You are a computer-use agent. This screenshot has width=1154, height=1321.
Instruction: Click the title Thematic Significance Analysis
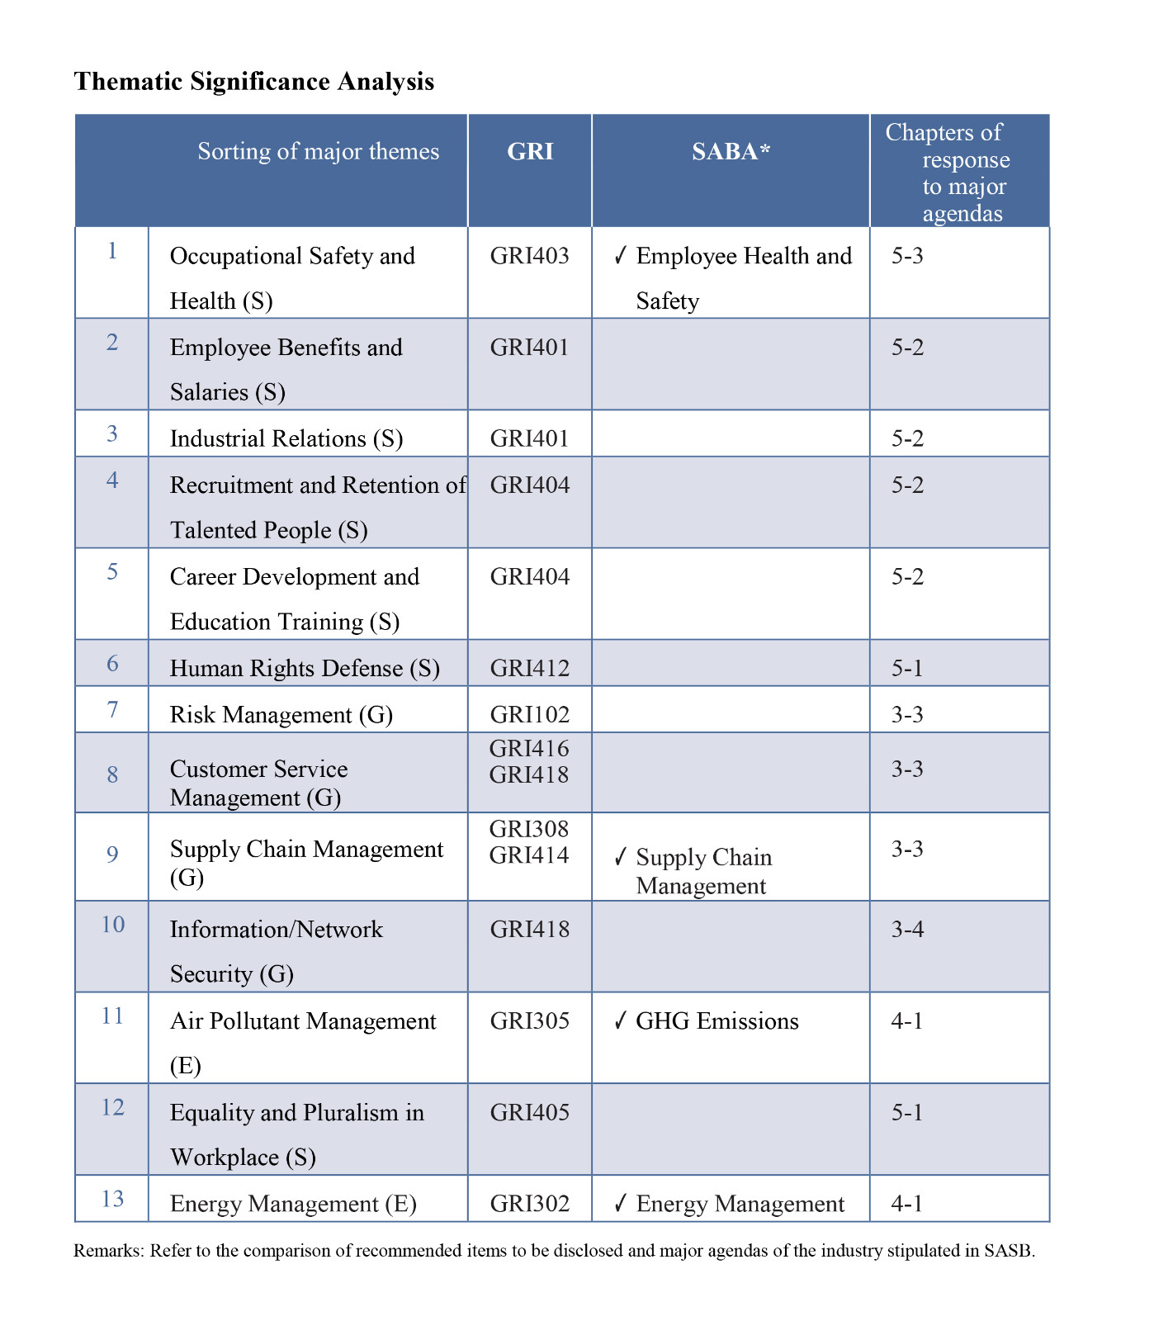(253, 82)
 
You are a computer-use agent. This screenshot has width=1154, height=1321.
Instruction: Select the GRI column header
(530, 152)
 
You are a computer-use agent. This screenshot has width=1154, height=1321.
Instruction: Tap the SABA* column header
(731, 152)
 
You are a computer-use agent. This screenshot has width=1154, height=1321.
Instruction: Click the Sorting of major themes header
(318, 152)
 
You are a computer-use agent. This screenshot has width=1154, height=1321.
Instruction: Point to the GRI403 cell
(529, 256)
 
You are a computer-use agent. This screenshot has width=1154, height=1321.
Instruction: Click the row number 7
(112, 710)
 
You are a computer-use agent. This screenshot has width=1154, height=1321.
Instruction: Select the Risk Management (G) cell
(281, 715)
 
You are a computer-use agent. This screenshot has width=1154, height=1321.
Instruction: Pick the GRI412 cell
(529, 668)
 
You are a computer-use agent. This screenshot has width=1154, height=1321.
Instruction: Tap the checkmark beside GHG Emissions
(621, 1021)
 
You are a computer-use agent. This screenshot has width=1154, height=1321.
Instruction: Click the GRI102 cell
(529, 715)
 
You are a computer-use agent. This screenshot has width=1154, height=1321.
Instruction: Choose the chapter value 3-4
(907, 930)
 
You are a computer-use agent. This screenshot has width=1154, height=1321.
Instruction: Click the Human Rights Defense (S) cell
(305, 668)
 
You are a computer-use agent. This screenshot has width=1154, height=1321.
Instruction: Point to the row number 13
(112, 1199)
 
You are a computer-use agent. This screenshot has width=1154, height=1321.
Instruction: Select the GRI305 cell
(529, 1021)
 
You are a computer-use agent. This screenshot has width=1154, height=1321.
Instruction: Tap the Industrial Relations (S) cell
(286, 438)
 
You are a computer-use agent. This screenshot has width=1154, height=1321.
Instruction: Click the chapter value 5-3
(907, 256)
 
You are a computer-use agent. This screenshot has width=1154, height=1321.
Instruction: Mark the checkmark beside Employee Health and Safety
(621, 256)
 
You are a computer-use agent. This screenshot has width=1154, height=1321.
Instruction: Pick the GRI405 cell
(529, 1113)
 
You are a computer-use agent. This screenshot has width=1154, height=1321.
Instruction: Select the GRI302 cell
(529, 1204)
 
